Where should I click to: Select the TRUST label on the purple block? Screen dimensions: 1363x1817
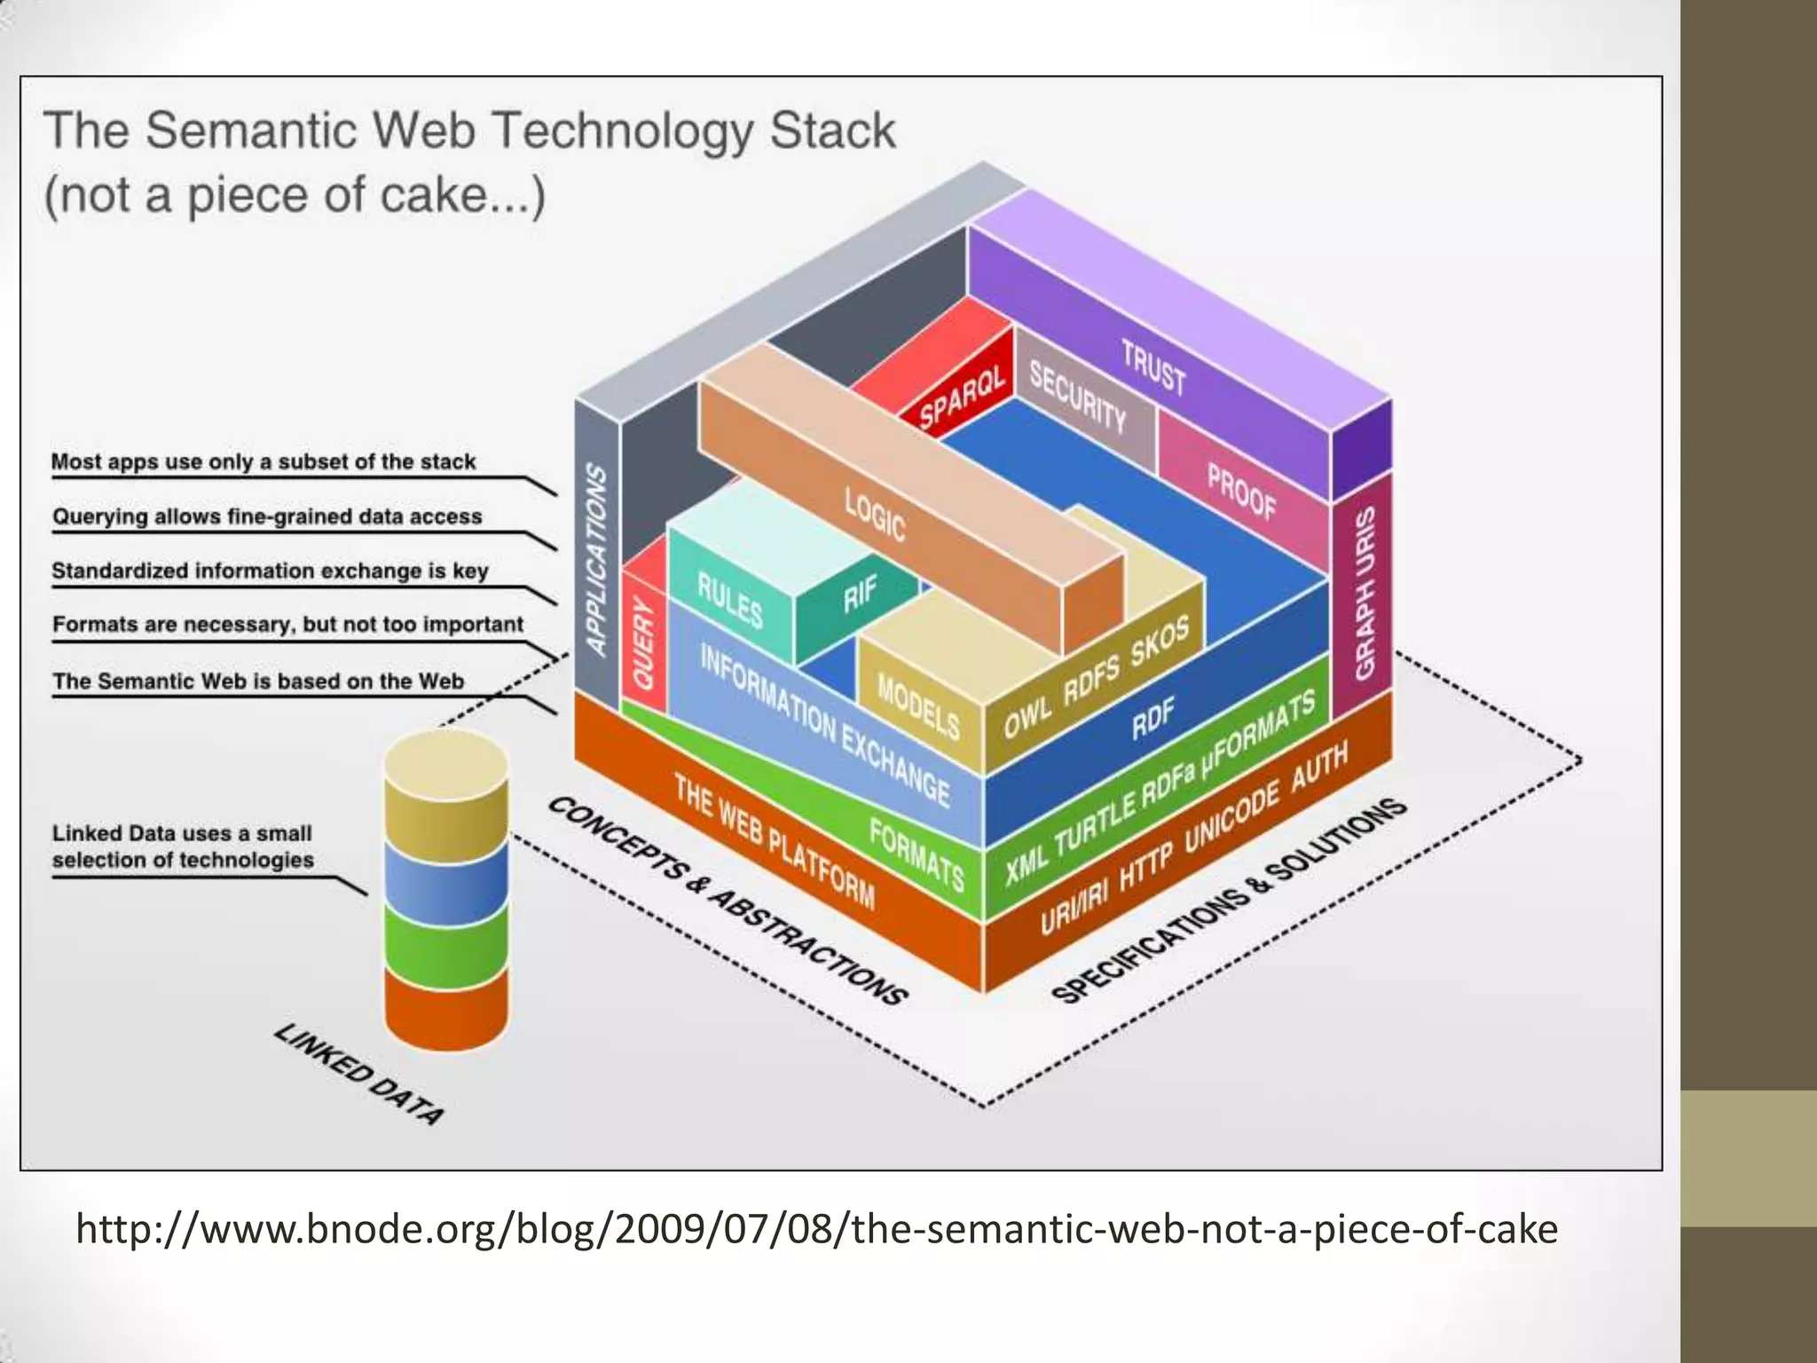click(1152, 366)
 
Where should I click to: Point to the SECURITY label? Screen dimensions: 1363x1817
click(1077, 398)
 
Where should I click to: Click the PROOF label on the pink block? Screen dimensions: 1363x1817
click(1241, 491)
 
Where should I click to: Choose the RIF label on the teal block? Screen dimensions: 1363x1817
click(860, 594)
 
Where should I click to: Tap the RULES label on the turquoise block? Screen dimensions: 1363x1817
click(729, 601)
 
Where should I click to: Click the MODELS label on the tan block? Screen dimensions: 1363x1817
click(918, 706)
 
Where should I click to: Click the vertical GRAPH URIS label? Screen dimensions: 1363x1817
click(1365, 593)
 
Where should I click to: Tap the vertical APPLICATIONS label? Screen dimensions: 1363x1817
click(597, 560)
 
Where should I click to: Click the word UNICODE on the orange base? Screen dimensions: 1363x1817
click(1232, 816)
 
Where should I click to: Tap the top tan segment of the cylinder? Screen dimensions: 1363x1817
click(446, 781)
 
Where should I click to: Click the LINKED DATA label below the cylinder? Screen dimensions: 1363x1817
click(358, 1074)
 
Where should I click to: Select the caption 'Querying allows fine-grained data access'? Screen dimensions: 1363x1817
click(267, 516)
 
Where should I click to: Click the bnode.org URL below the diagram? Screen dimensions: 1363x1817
click(816, 1229)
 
